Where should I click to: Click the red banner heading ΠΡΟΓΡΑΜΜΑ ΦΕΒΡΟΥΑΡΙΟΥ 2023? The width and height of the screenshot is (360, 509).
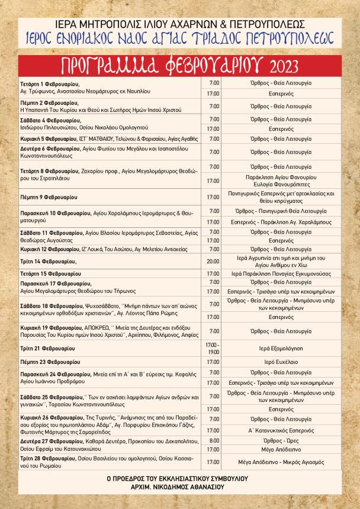pyautogui.click(x=180, y=64)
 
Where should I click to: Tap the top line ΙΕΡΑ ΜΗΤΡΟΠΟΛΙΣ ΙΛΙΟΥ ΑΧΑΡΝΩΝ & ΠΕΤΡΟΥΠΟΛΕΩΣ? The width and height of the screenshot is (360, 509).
pyautogui.click(x=180, y=24)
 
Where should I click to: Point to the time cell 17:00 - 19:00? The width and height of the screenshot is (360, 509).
pyautogui.click(x=213, y=348)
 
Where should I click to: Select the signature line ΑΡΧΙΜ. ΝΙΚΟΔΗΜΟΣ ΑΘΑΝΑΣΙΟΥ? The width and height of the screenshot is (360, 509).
pyautogui.click(x=179, y=488)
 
